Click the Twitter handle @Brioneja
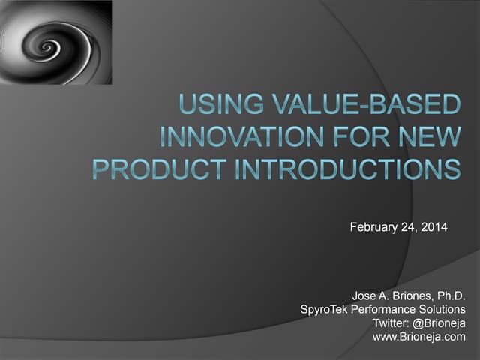click(x=439, y=323)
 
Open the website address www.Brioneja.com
click(x=418, y=337)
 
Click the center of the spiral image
click(x=49, y=46)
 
